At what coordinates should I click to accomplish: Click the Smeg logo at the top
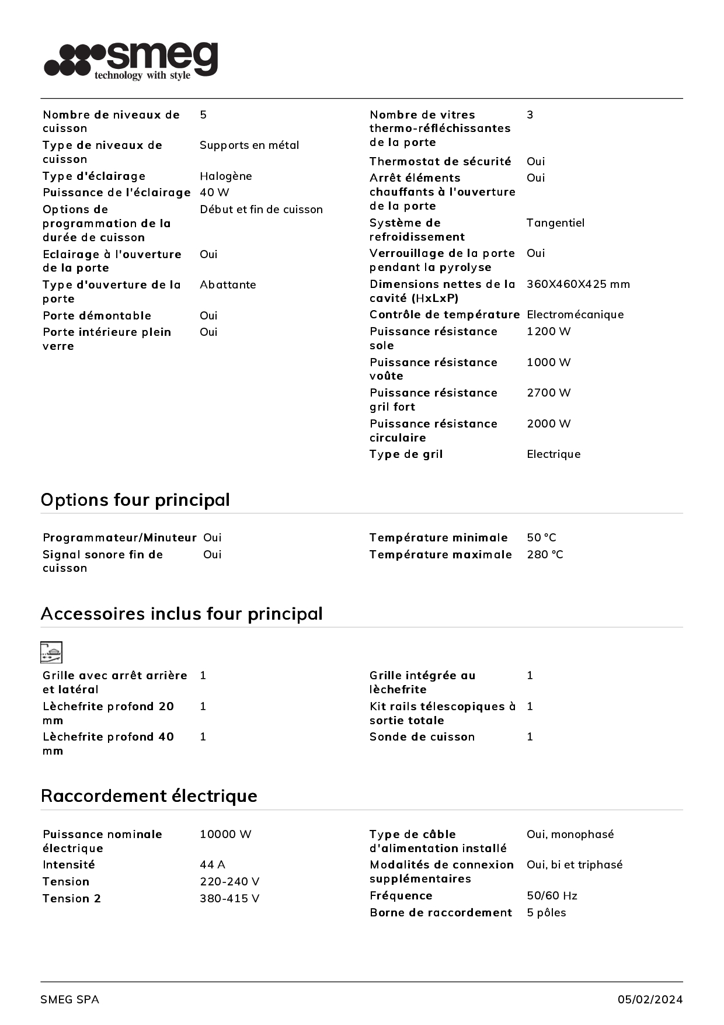(131, 60)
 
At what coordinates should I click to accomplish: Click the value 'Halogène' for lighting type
(225, 176)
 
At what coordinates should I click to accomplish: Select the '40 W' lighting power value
(214, 193)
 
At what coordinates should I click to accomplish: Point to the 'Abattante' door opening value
(228, 285)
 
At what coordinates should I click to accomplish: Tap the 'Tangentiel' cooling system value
(555, 223)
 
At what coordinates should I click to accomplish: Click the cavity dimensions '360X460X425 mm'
(577, 284)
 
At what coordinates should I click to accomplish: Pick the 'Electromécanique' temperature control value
(575, 315)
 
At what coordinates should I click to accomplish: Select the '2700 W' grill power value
(548, 393)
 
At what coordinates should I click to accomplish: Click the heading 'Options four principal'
(135, 500)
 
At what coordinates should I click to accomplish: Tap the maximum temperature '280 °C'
(545, 555)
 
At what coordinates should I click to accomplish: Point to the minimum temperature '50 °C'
(541, 538)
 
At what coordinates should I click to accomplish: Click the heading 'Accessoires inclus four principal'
(182, 614)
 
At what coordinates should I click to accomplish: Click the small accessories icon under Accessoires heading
(51, 652)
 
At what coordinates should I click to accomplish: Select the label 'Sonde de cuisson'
(422, 737)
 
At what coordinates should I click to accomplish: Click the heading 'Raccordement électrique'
(149, 796)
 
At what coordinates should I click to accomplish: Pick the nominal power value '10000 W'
(225, 835)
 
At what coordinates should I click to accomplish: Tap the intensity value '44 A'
(212, 865)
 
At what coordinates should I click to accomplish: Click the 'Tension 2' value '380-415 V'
(229, 899)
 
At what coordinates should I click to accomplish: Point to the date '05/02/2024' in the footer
(650, 1000)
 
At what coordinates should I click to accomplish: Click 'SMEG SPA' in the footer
(69, 1000)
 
